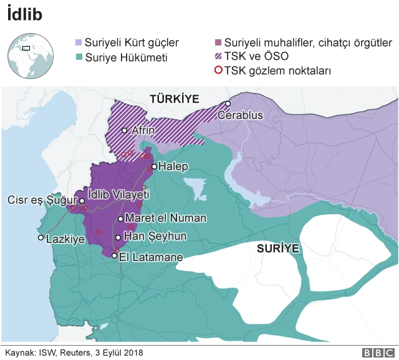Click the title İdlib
25,15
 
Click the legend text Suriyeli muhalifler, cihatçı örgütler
308,43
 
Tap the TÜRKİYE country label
174,98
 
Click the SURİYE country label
278,249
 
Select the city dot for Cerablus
229,103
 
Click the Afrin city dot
125,130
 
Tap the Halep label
173,167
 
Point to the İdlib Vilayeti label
118,194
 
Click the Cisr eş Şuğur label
40,201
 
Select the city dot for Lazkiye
41,237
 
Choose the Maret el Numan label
166,219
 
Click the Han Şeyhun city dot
118,237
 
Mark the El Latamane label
151,257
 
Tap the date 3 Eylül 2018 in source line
116,353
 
